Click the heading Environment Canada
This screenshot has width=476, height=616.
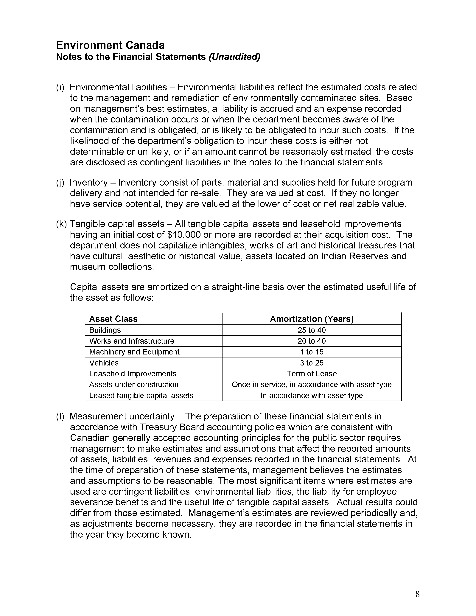click(110, 45)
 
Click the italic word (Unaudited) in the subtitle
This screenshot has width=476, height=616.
click(234, 57)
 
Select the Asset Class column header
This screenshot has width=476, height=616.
click(113, 319)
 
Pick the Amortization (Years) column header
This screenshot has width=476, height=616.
click(312, 319)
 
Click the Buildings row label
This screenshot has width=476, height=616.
click(105, 330)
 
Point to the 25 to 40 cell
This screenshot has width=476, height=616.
click(312, 330)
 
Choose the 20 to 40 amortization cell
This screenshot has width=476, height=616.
click(312, 341)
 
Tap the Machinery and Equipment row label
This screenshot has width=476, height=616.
click(134, 352)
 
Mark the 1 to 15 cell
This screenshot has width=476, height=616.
click(312, 352)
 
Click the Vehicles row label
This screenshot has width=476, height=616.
click(104, 363)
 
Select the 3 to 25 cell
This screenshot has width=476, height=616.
click(312, 363)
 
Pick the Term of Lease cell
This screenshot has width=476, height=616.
click(312, 374)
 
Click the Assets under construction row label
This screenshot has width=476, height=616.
click(134, 385)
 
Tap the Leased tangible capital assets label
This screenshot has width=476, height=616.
click(141, 396)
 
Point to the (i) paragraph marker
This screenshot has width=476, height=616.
click(60, 87)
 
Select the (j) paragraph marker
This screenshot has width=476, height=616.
click(60, 183)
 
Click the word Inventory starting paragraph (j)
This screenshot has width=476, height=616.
click(88, 183)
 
